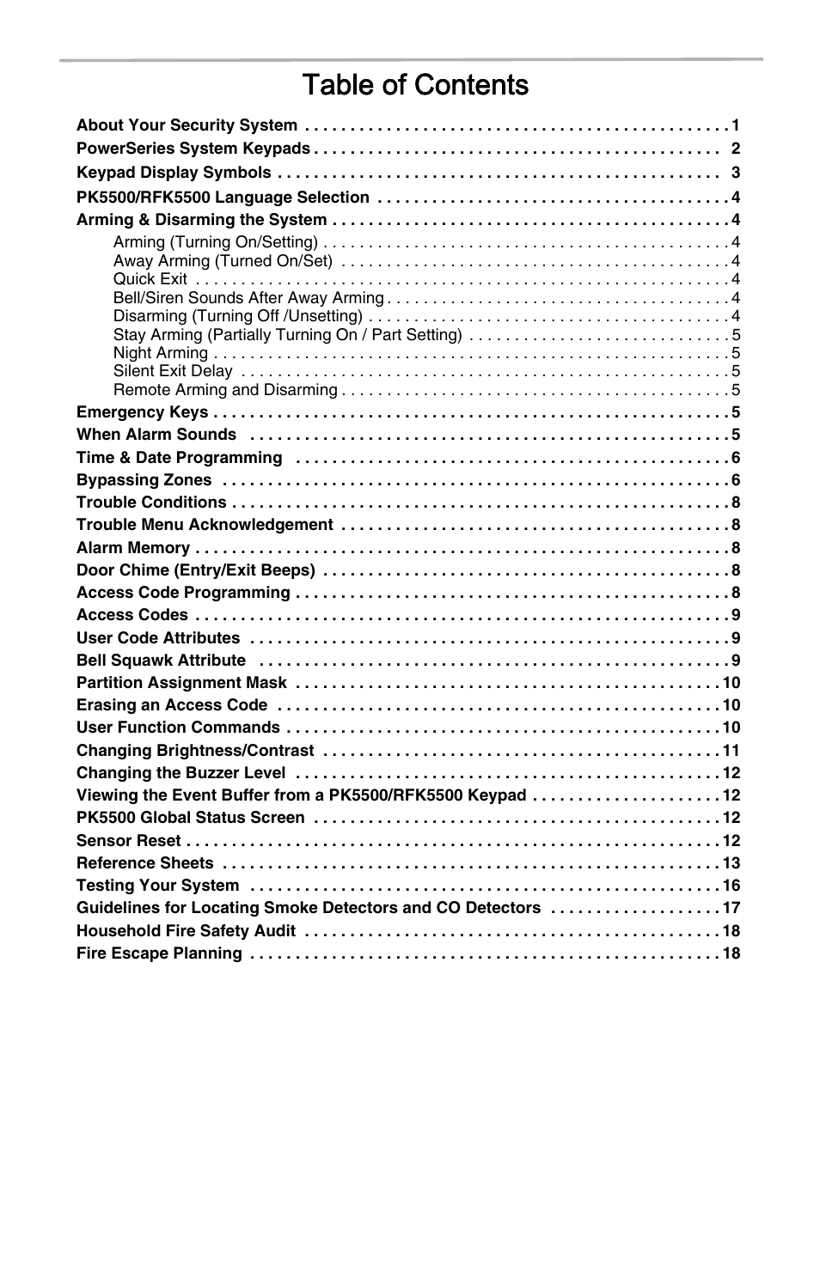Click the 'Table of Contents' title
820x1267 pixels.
415,85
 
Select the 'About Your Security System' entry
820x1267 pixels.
187,125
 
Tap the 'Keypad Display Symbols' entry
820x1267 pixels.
174,173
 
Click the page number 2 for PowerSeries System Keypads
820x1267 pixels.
735,149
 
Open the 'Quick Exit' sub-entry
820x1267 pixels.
150,279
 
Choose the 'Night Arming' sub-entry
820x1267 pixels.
161,353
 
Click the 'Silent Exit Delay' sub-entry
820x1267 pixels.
173,371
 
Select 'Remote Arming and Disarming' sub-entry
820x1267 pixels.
225,390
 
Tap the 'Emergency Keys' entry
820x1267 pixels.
142,412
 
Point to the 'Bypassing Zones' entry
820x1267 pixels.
144,480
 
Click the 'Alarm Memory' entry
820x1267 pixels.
133,548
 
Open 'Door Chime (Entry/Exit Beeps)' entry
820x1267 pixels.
196,570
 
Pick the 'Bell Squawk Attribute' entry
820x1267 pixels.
161,661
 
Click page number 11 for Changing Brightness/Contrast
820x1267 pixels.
731,751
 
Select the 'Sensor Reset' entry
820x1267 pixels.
129,841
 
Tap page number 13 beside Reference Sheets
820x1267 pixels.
731,863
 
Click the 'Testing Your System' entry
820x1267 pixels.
157,886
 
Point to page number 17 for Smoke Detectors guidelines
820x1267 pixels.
731,908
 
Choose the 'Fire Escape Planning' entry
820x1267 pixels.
159,953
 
